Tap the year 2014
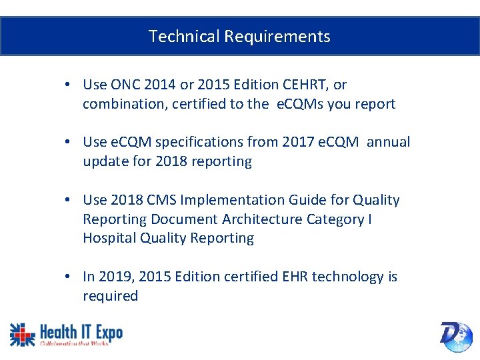click(159, 85)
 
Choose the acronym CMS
click(163, 200)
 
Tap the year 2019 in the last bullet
click(113, 277)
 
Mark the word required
click(110, 296)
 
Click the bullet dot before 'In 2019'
click(69, 277)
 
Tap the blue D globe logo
click(456, 336)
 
